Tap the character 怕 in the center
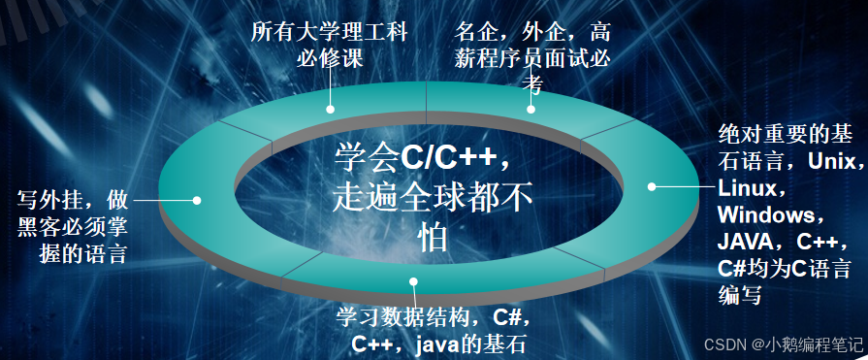(x=433, y=237)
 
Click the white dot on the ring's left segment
(x=197, y=200)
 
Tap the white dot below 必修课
(x=330, y=110)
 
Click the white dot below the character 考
(x=531, y=110)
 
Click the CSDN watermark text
(x=723, y=344)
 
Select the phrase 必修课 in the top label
(x=329, y=57)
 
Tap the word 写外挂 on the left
(x=50, y=201)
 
